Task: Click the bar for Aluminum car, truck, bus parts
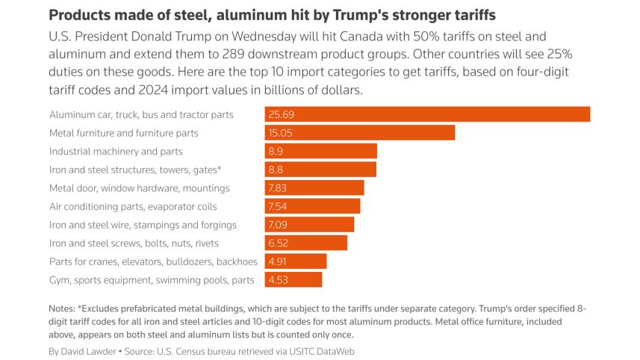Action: tap(427, 114)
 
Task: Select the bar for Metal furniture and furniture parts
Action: tap(359, 133)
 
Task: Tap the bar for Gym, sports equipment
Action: tap(293, 280)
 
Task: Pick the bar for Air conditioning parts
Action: tap(312, 206)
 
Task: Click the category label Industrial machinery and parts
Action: tap(116, 152)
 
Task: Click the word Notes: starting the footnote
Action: tap(62, 308)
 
